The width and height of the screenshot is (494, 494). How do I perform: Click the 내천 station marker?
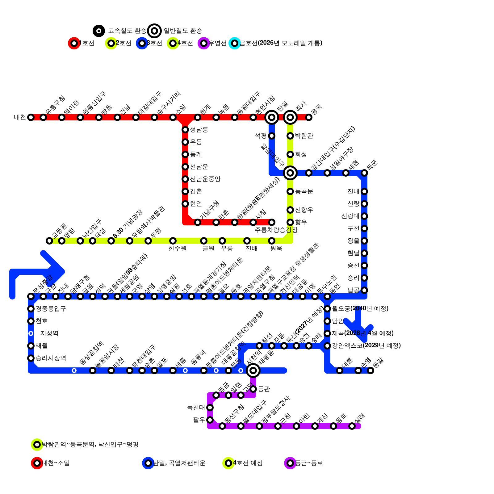coord(31,117)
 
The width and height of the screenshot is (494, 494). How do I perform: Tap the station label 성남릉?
coord(199,130)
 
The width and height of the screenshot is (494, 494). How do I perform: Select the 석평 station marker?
coord(272,136)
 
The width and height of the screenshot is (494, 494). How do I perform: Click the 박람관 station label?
coord(304,136)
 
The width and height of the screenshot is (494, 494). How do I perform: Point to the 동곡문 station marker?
coord(290,191)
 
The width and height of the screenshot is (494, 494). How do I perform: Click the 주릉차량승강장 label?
coord(276,230)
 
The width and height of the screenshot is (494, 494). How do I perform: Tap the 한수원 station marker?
coord(173,241)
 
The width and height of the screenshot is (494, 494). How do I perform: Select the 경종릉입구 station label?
coord(51,309)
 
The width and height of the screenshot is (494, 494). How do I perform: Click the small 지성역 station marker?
coord(31,333)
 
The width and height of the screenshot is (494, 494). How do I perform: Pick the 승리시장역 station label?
coord(51,358)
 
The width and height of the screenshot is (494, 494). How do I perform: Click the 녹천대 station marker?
coord(210,408)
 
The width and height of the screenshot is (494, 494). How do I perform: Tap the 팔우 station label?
coord(199,420)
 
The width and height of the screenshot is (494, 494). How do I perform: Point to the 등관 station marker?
coord(253,389)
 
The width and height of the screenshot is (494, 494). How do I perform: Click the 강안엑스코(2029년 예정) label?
coord(366,346)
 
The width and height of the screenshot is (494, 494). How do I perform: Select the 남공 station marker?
coord(364,290)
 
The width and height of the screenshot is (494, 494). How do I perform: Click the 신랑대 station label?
coord(350,216)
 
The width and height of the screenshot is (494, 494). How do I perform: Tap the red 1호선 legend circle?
coord(74,43)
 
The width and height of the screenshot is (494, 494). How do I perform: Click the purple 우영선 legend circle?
coord(204,43)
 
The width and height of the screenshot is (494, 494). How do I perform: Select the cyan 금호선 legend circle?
coord(235,43)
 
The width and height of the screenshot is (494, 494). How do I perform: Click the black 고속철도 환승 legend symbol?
coord(99,31)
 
